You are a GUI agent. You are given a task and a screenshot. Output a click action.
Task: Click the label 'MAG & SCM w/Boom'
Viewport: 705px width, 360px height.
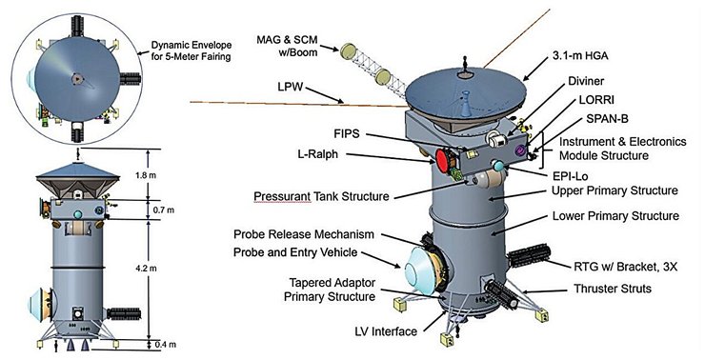(287, 46)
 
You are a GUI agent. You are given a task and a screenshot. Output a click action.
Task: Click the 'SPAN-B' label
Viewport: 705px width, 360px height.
(607, 119)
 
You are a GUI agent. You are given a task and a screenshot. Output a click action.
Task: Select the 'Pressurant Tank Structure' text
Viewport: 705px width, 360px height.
(321, 196)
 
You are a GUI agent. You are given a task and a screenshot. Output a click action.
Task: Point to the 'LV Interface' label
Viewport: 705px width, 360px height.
(386, 331)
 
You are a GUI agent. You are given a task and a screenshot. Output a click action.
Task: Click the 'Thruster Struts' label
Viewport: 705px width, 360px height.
(613, 288)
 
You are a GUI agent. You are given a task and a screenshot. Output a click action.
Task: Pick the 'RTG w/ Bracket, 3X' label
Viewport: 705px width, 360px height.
(624, 267)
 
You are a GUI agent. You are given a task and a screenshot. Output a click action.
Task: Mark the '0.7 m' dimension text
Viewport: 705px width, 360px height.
(164, 210)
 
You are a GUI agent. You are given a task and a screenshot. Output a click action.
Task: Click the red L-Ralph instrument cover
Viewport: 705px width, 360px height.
(441, 161)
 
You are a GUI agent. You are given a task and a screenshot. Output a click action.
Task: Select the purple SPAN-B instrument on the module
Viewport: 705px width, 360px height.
(521, 150)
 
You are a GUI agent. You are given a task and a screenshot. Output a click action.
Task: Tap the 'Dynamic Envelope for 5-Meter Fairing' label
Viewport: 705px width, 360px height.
(191, 51)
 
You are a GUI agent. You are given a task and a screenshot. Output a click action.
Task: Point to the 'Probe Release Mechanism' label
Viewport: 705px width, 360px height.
(304, 234)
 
